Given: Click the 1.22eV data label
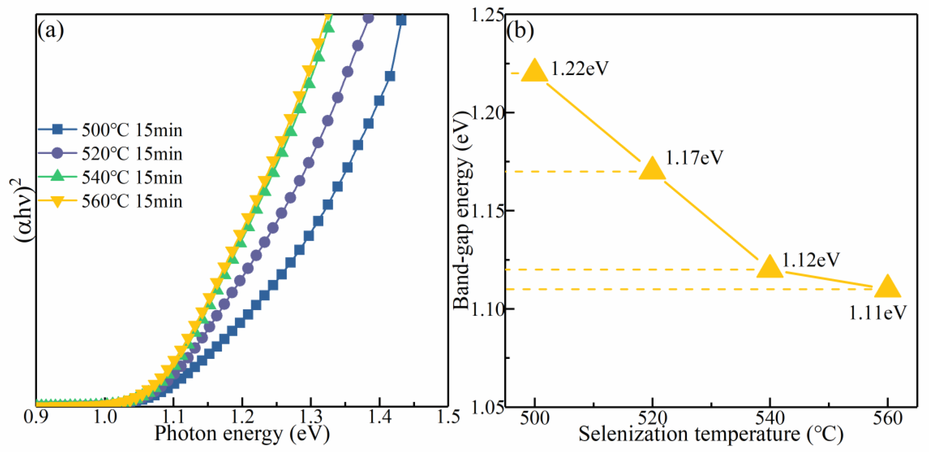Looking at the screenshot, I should click(x=580, y=68).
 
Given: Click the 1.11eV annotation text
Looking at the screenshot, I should click(x=877, y=313).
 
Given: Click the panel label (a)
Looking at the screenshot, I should click(x=51, y=31).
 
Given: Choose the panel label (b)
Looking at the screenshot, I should click(x=520, y=31).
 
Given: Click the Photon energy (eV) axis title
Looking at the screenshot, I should click(x=242, y=434).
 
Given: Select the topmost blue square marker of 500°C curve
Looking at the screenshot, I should click(x=401, y=20).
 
